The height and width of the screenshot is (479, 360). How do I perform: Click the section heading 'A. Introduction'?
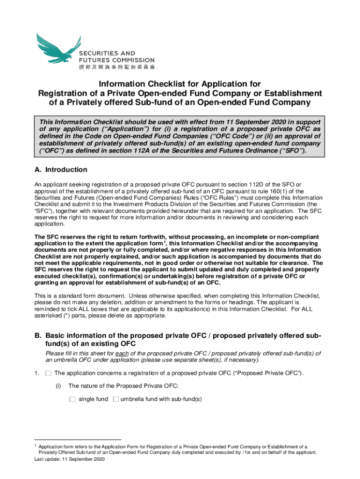(61, 170)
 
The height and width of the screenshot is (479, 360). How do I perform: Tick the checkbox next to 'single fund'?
(72, 399)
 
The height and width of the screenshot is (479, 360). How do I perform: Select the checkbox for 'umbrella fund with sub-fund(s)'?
(115, 399)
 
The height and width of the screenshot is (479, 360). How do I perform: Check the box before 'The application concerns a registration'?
(48, 373)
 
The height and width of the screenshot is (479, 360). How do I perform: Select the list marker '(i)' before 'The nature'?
(58, 386)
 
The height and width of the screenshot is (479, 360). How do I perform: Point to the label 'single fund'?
(93, 399)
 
